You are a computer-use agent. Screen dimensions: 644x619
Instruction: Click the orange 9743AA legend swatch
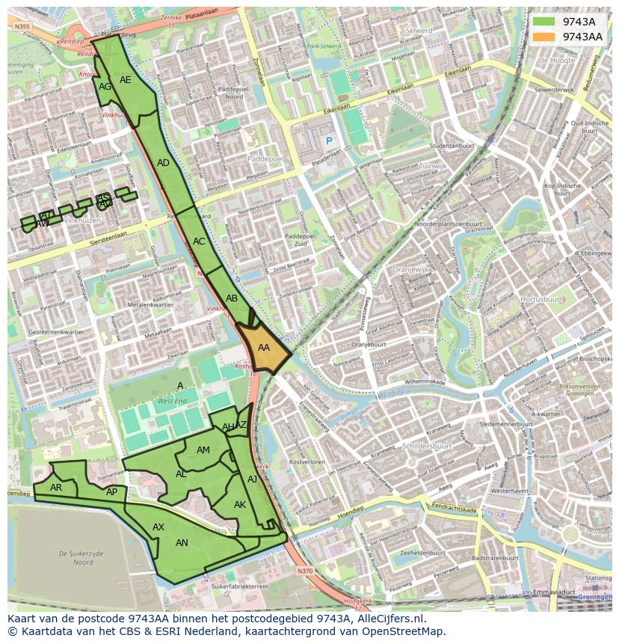[x=543, y=37]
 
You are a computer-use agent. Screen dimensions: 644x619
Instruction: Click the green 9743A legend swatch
[x=543, y=22]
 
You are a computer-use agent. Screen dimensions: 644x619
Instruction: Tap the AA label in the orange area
[x=263, y=348]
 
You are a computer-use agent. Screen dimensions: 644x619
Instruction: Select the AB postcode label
[x=232, y=298]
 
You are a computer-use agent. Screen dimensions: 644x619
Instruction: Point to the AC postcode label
[x=199, y=242]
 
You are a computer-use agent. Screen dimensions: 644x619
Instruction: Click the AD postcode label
[x=163, y=163]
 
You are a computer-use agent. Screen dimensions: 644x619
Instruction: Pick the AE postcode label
[x=126, y=80]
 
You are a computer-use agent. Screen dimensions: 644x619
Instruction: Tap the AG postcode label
[x=105, y=87]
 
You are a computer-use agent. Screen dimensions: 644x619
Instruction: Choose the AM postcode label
[x=203, y=450]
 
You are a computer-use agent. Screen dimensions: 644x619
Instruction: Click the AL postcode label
[x=181, y=474]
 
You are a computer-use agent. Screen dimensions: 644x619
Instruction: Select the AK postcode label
[x=240, y=505]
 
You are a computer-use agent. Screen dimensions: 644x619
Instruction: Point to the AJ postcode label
[x=252, y=479]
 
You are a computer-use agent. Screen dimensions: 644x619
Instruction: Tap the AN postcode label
[x=182, y=543]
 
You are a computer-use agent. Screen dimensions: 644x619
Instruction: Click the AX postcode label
[x=158, y=527]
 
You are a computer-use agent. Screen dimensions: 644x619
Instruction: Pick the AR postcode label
[x=56, y=488]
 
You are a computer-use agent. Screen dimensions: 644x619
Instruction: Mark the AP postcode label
[x=111, y=492]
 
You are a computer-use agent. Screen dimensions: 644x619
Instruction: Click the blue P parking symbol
[x=327, y=141]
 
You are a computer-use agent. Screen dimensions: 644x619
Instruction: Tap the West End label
[x=172, y=402]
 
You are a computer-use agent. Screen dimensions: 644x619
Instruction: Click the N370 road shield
[x=304, y=571]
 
